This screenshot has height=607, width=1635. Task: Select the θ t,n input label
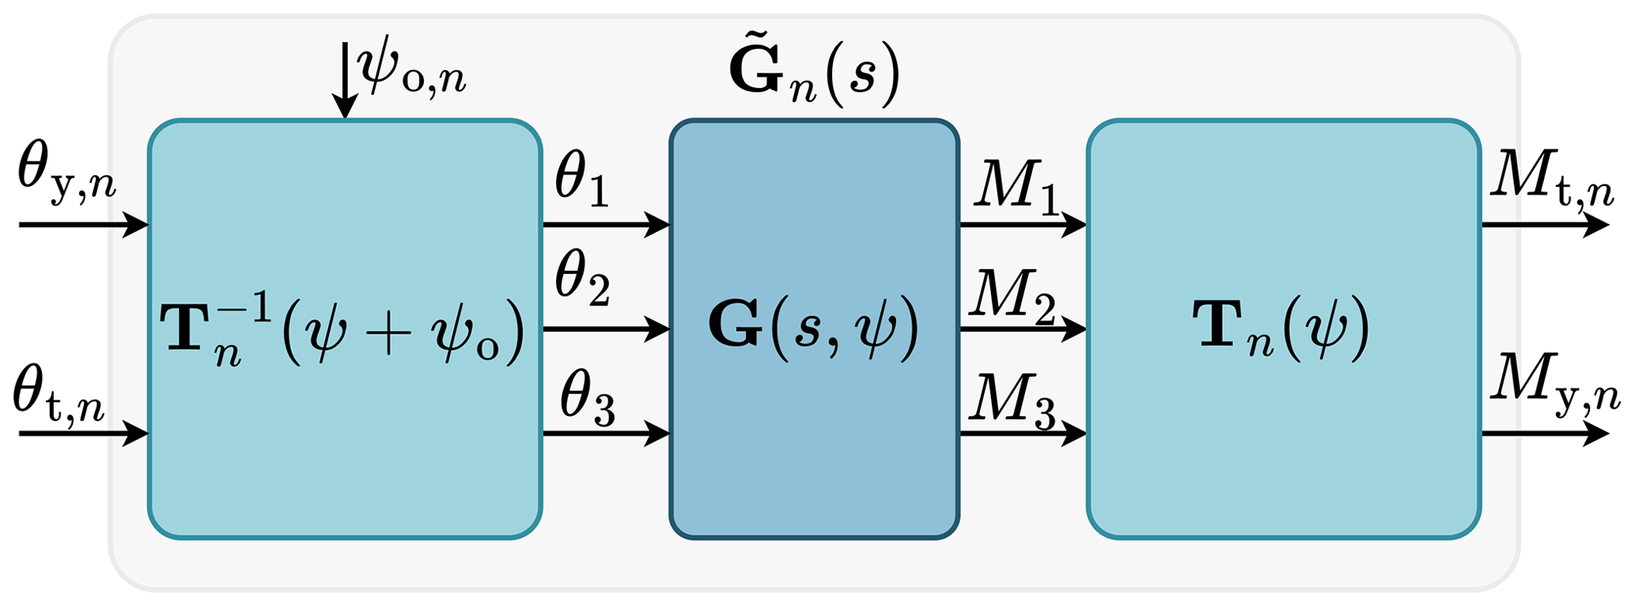point(59,400)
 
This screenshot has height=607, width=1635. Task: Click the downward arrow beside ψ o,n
point(345,79)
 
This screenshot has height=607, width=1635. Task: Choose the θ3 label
point(586,404)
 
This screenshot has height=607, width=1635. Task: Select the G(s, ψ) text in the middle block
point(814,328)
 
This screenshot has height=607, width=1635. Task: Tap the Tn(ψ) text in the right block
point(1281,328)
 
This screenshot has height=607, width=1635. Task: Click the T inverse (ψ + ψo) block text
point(343,328)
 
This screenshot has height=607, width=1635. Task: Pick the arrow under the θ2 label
point(606,328)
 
